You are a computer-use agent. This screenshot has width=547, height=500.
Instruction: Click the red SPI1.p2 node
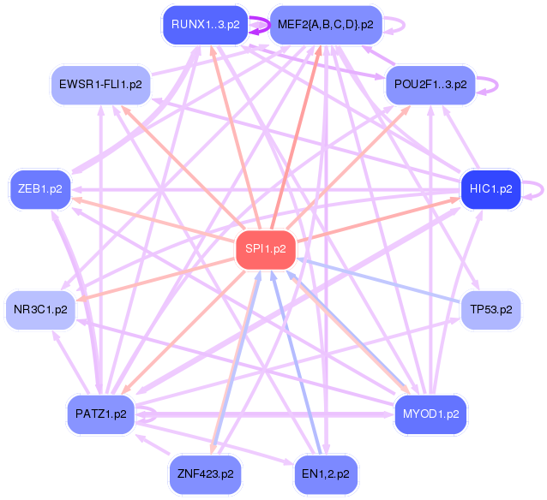tap(266, 250)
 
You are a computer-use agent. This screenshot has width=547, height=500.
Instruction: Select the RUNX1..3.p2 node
tap(205, 24)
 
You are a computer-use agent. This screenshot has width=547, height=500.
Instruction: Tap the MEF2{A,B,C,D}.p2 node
tap(325, 24)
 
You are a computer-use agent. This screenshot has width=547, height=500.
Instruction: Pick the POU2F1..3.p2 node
tap(430, 84)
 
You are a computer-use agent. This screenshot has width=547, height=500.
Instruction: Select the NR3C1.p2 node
tap(39, 309)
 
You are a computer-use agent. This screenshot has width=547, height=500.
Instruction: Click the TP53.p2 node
tap(490, 309)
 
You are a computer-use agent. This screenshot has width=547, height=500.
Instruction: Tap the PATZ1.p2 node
tap(101, 414)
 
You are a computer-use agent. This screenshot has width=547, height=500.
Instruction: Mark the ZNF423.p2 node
tap(205, 473)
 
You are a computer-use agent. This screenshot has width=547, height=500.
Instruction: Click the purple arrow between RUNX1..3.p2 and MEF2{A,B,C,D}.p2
tap(259, 26)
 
